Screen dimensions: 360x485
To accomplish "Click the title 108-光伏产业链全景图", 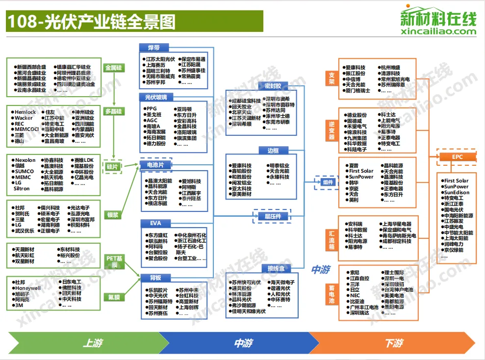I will click(x=91, y=22).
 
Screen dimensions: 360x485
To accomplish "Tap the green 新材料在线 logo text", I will click(x=438, y=19).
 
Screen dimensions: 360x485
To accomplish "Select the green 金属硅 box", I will click(x=113, y=68).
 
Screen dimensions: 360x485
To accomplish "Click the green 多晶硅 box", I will click(x=113, y=111).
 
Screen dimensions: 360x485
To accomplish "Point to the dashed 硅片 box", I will click(x=112, y=167).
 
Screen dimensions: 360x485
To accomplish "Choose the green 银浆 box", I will click(x=113, y=214).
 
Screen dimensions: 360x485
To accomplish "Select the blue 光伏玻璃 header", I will click(x=155, y=97).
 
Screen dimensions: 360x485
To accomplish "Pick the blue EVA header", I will click(x=155, y=224).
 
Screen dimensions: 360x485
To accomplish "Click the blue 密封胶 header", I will click(x=273, y=86).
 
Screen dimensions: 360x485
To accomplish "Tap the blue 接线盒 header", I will click(x=273, y=268).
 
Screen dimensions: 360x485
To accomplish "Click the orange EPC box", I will click(x=457, y=157).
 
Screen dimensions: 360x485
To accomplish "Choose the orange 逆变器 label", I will click(x=332, y=130).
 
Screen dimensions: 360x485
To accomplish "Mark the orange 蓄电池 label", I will click(x=332, y=294).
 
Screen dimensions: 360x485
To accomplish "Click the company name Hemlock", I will click(x=26, y=112).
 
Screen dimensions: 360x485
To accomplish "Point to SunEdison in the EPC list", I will click(x=457, y=193).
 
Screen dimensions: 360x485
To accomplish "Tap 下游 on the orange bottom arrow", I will click(x=394, y=343).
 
